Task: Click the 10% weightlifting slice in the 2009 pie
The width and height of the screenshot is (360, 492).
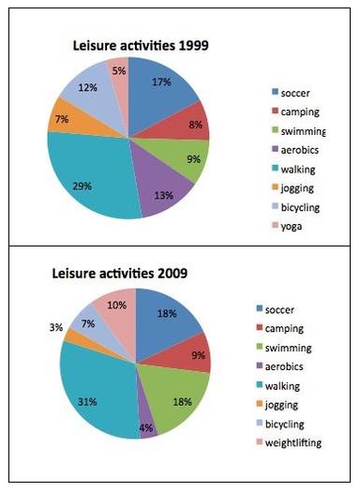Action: pos(117,310)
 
